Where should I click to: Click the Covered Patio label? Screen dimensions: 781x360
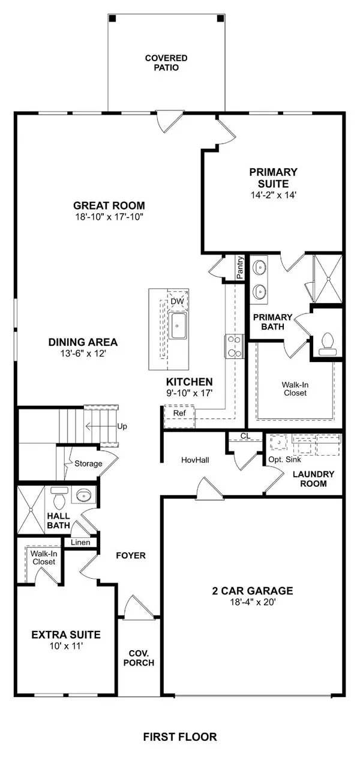click(x=166, y=63)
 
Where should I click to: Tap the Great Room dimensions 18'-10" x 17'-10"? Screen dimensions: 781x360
click(x=109, y=217)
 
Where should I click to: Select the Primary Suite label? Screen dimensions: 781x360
click(x=273, y=178)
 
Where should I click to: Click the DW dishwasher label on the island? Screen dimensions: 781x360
click(x=177, y=301)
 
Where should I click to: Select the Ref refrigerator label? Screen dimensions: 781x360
click(x=179, y=414)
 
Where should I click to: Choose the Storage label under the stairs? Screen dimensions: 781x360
click(x=105, y=463)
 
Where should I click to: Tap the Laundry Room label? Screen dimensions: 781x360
click(x=310, y=478)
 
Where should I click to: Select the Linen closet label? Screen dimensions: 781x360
click(x=80, y=543)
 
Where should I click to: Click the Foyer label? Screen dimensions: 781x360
click(x=131, y=555)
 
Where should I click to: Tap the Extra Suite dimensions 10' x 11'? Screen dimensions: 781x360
click(x=66, y=648)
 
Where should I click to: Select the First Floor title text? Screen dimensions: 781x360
click(x=179, y=737)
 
